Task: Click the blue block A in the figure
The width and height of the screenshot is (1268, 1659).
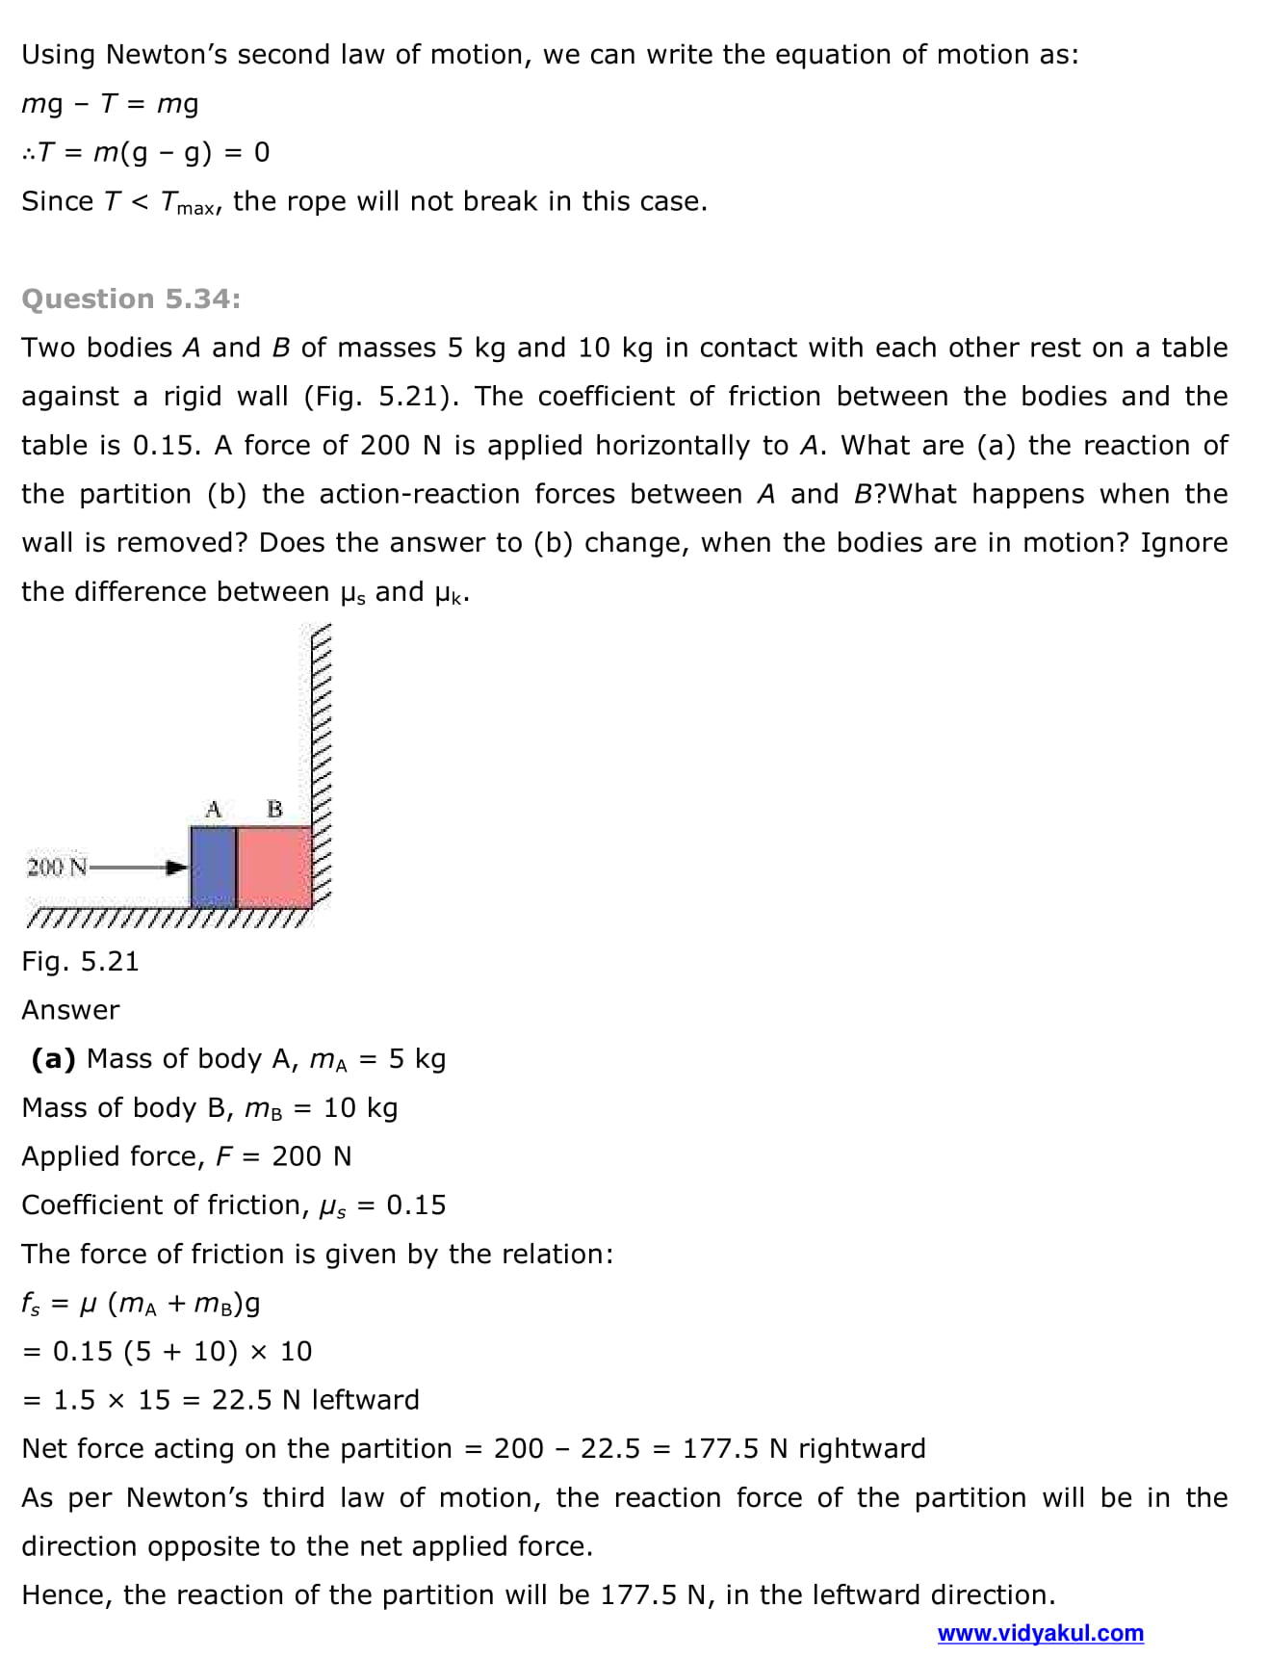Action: tap(213, 867)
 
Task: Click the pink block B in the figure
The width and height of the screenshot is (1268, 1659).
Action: tap(273, 867)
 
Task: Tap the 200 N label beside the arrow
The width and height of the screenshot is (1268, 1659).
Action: tap(57, 867)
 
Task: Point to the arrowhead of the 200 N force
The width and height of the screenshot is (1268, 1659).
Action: tap(177, 868)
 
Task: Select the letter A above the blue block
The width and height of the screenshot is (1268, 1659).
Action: tap(214, 809)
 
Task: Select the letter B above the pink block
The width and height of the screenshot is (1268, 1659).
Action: tap(274, 809)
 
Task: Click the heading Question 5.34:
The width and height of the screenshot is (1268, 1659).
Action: tap(131, 298)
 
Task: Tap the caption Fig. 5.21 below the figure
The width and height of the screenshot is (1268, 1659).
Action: tap(80, 961)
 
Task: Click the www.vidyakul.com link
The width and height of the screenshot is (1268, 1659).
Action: tap(1040, 1633)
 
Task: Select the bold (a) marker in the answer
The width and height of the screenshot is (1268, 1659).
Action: tap(53, 1058)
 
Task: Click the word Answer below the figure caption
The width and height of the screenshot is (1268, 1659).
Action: tap(70, 1010)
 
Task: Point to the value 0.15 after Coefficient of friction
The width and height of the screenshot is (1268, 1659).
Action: tap(416, 1205)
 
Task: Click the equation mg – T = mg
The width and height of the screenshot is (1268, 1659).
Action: tap(110, 103)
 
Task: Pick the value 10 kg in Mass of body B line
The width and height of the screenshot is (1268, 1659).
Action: tap(360, 1107)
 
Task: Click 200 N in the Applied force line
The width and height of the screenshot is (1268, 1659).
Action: tap(312, 1155)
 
